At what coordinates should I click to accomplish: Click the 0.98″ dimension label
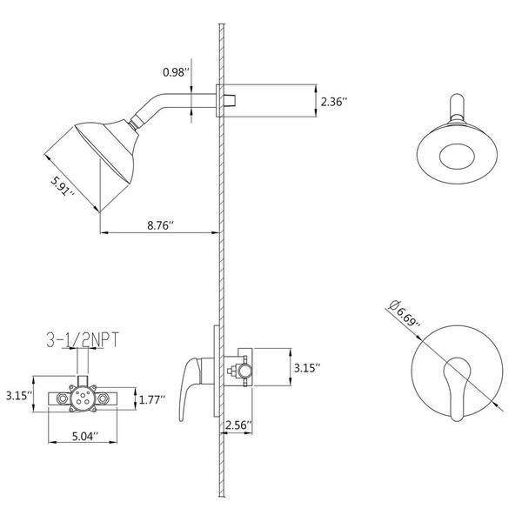pyautogui.click(x=176, y=72)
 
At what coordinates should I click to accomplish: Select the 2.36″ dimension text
pyautogui.click(x=334, y=102)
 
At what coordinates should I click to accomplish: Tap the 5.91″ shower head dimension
pyautogui.click(x=63, y=186)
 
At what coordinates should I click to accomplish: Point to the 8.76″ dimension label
pyautogui.click(x=161, y=224)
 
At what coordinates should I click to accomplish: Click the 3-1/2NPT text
pyautogui.click(x=83, y=339)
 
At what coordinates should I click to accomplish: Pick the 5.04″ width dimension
pyautogui.click(x=85, y=436)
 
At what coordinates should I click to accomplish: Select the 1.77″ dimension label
pyautogui.click(x=152, y=399)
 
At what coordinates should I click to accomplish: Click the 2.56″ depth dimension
pyautogui.click(x=238, y=425)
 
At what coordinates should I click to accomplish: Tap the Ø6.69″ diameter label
pyautogui.click(x=406, y=313)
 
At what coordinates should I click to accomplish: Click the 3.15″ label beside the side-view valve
pyautogui.click(x=307, y=368)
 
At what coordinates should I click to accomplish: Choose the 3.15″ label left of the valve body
pyautogui.click(x=19, y=396)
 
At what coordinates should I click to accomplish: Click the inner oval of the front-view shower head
pyautogui.click(x=457, y=157)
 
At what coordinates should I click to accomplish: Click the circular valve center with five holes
pyautogui.click(x=83, y=398)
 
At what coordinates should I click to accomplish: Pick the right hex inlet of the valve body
pyautogui.click(x=102, y=398)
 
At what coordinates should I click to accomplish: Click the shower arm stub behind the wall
pyautogui.click(x=230, y=100)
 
